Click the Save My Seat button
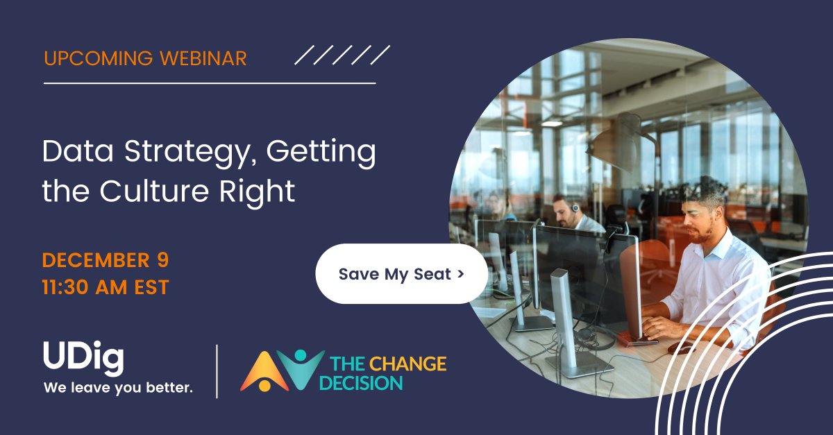click(x=401, y=274)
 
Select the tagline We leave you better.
click(x=118, y=388)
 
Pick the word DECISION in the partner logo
click(x=366, y=382)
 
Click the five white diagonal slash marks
click(x=342, y=55)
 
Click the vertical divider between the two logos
click(x=217, y=371)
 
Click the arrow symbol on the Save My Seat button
click(x=460, y=274)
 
